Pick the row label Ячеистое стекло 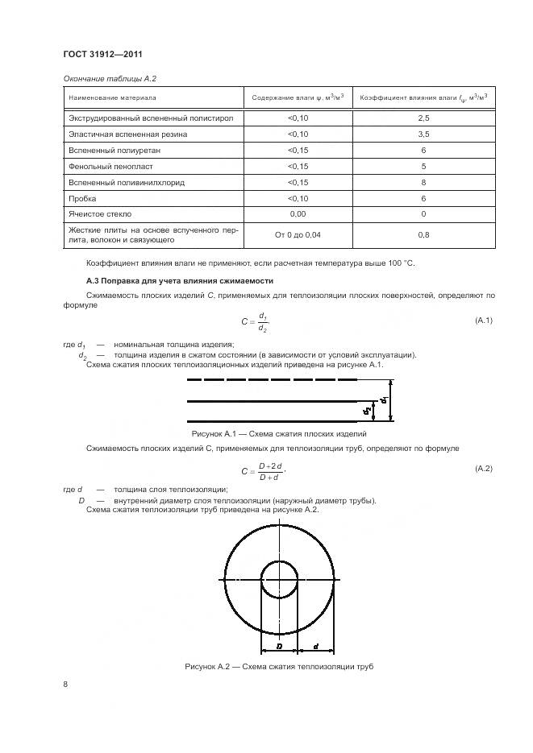pyautogui.click(x=101, y=214)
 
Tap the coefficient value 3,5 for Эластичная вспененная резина pyautogui.click(x=423, y=134)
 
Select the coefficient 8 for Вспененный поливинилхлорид pyautogui.click(x=423, y=182)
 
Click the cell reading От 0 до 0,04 pyautogui.click(x=298, y=234)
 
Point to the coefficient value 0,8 pyautogui.click(x=423, y=234)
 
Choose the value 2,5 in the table pyautogui.click(x=423, y=118)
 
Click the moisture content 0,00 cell pyautogui.click(x=298, y=214)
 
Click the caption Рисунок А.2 pyautogui.click(x=279, y=667)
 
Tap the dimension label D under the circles pyautogui.click(x=278, y=646)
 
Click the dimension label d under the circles pyautogui.click(x=315, y=646)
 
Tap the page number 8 pyautogui.click(x=66, y=685)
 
